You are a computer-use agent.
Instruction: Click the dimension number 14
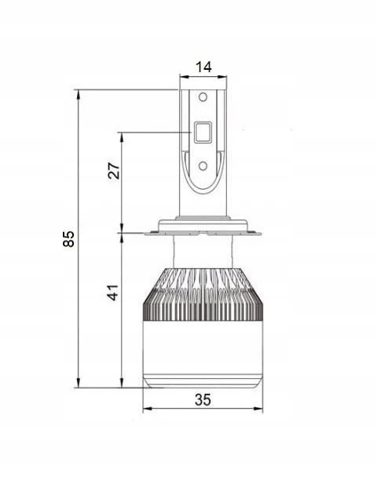pos(203,67)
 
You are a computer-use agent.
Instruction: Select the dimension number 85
pos(68,238)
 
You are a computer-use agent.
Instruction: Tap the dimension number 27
pos(114,171)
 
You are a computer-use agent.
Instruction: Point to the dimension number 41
pos(113,293)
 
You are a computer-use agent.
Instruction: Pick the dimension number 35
pos(203,400)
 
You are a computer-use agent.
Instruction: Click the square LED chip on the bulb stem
pos(203,133)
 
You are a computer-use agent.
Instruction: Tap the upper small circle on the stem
pos(203,96)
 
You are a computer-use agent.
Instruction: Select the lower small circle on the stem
pos(203,166)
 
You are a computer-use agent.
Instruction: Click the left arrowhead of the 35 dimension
pos(147,409)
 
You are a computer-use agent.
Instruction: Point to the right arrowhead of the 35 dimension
pos(258,409)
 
